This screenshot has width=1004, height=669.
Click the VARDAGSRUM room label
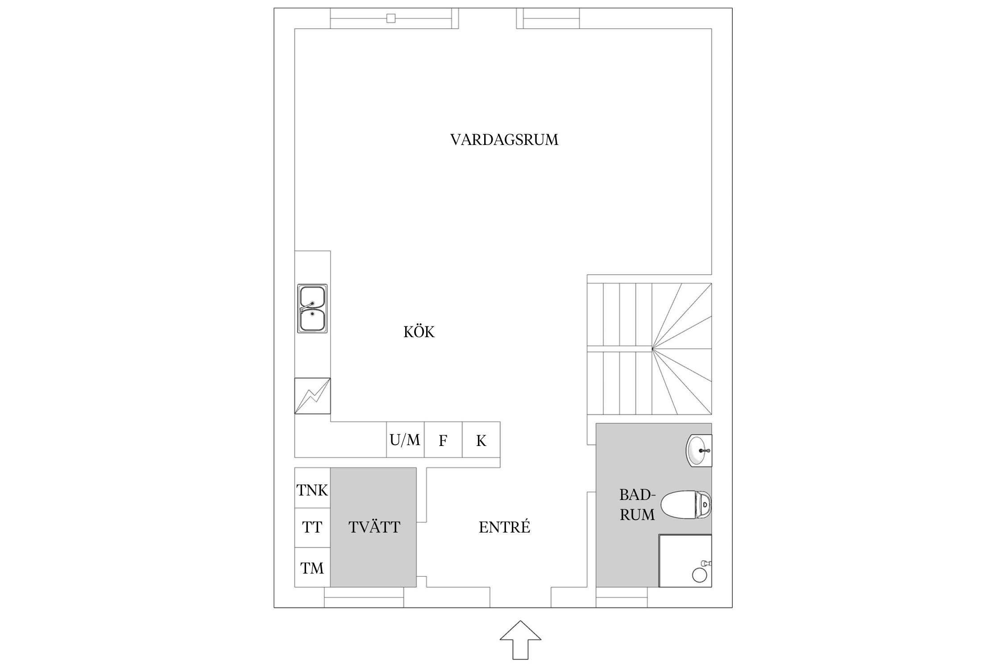pyautogui.click(x=504, y=140)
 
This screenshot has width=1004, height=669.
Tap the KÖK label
pyautogui.click(x=419, y=331)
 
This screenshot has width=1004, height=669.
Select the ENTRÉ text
pyautogui.click(x=504, y=527)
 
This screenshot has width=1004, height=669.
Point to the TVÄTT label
pyautogui.click(x=374, y=527)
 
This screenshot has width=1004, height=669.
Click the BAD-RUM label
pyautogui.click(x=637, y=505)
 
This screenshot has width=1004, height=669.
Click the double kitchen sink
pyautogui.click(x=312, y=309)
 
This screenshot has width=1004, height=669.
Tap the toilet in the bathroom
pyautogui.click(x=686, y=505)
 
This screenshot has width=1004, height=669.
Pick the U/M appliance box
pyautogui.click(x=405, y=440)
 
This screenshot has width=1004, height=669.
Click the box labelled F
pyautogui.click(x=443, y=440)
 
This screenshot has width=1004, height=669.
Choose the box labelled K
pyautogui.click(x=481, y=440)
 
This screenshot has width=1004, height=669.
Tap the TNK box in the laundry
pyautogui.click(x=312, y=488)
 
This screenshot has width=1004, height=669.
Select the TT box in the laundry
pyautogui.click(x=312, y=528)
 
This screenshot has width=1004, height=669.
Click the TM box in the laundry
pyautogui.click(x=312, y=567)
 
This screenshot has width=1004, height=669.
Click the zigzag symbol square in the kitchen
pyautogui.click(x=312, y=396)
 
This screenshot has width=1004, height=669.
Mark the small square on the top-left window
pyautogui.click(x=391, y=18)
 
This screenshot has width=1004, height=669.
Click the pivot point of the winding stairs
pyautogui.click(x=652, y=349)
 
